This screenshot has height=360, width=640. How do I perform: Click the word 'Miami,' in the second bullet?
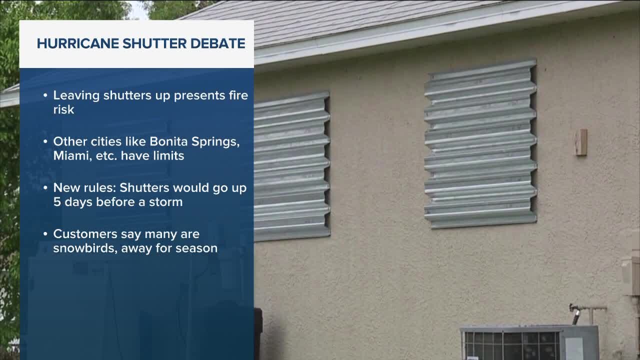(72, 155)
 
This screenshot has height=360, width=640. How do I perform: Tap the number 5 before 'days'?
(57, 202)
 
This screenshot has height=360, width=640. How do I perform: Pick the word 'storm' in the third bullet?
(166, 202)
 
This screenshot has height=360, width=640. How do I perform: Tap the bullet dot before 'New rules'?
(45, 188)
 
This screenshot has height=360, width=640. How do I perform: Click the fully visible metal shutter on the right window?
(480, 143)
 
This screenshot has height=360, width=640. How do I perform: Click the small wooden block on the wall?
(581, 142)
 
